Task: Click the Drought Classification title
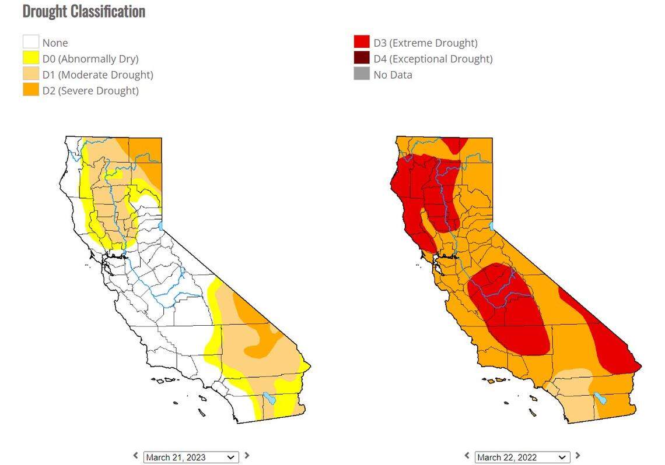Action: click(83, 11)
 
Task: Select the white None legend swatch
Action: click(31, 43)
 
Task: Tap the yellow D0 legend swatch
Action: click(31, 58)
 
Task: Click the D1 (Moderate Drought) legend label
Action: click(97, 75)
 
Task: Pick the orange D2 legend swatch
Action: click(31, 90)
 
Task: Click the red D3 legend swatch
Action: click(362, 43)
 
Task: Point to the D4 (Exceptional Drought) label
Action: click(433, 59)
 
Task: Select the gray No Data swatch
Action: click(362, 74)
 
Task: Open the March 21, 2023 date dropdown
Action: click(191, 457)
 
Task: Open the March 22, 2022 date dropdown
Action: click(522, 457)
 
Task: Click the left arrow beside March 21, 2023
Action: click(136, 456)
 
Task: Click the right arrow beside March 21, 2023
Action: click(247, 456)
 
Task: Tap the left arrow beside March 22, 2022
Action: click(467, 456)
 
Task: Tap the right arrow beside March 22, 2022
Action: click(578, 456)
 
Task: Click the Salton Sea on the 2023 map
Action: click(268, 399)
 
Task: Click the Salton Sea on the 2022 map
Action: click(600, 399)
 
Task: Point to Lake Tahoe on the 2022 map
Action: click(492, 226)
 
